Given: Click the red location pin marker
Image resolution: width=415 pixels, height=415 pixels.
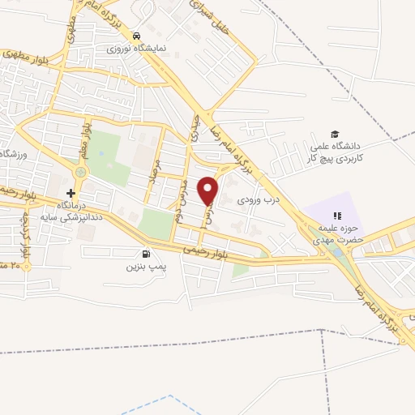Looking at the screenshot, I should [x=208, y=190].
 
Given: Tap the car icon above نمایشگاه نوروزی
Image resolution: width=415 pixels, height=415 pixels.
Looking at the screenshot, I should [x=138, y=36].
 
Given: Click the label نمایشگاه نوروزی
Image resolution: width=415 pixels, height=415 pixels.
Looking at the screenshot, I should [x=138, y=48].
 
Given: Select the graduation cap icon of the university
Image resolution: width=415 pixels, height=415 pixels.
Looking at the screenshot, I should [x=334, y=134].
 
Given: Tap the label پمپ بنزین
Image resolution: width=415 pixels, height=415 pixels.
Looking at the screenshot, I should [x=146, y=266].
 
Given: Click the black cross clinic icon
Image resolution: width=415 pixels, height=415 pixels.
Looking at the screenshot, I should [x=71, y=193].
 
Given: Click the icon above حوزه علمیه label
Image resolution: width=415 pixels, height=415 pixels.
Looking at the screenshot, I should [x=338, y=216].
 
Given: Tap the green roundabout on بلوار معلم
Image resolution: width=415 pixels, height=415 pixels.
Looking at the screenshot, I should [x=80, y=172].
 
